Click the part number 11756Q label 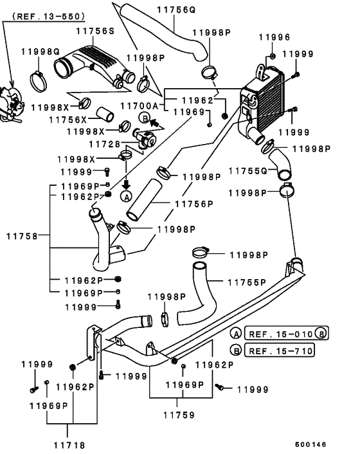176,10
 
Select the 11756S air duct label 95,31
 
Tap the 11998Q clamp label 40,52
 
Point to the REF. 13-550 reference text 49,16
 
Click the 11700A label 139,106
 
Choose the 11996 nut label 274,37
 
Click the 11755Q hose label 248,171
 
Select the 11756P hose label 194,204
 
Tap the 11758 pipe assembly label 22,236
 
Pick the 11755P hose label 247,282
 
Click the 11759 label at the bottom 179,415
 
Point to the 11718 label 69,445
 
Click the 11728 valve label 105,144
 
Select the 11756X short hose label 68,120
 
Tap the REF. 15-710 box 280,350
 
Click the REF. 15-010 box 287,334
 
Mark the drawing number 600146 310,444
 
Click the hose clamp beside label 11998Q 39,82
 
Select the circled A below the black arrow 126,196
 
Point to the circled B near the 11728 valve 145,118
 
